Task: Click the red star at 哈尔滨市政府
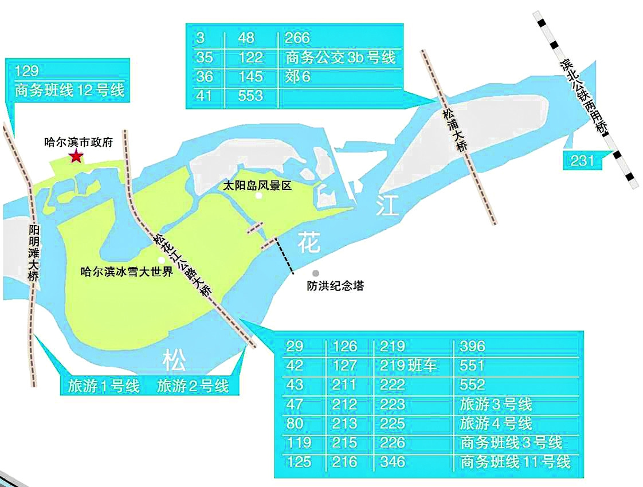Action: click(x=75, y=156)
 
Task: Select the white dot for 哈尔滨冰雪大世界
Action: click(x=161, y=260)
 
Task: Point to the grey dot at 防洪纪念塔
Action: click(x=315, y=274)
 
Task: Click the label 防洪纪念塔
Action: click(x=335, y=285)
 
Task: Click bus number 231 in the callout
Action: click(x=582, y=161)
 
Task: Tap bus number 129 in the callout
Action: click(x=27, y=71)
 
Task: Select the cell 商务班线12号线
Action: click(x=70, y=91)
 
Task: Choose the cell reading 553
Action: click(x=251, y=96)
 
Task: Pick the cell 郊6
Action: click(x=297, y=77)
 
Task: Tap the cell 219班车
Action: click(x=408, y=366)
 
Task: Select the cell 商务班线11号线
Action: click(x=515, y=462)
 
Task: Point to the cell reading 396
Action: click(x=472, y=346)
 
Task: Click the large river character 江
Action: click(x=387, y=206)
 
